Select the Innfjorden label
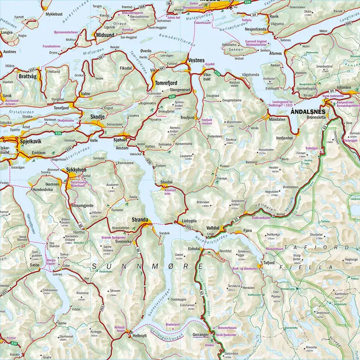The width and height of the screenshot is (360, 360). click(x=284, y=137)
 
